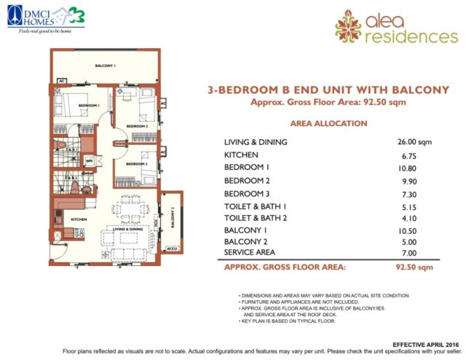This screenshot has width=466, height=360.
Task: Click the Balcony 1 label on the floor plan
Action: tap(105, 66)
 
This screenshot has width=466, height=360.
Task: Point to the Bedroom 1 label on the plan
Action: tap(89, 106)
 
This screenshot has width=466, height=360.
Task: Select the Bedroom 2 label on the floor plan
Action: tap(137, 126)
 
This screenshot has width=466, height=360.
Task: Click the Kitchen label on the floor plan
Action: tap(79, 218)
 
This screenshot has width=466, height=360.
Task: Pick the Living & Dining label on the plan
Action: tap(126, 229)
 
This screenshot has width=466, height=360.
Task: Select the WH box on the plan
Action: tap(90, 161)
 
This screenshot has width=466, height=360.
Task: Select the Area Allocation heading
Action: tap(328, 124)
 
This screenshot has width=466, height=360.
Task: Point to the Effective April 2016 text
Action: tap(425, 343)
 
